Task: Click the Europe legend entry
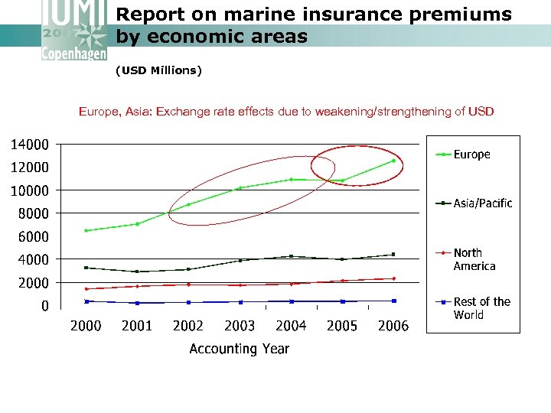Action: point(471,154)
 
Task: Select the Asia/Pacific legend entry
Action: point(482,203)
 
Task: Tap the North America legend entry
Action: point(474,259)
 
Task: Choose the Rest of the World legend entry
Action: point(481,308)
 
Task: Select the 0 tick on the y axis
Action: point(44,306)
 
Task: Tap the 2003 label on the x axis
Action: point(240,326)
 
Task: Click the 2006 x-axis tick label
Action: point(393,326)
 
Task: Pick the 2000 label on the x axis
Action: point(86,326)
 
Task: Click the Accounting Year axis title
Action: point(240,349)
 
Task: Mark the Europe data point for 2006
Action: point(393,161)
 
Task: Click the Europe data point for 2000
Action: point(86,230)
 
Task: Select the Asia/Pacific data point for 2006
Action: point(393,255)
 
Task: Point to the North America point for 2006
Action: point(393,278)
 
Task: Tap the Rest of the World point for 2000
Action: point(86,301)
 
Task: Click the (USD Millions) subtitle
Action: point(158,71)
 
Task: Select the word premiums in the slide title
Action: point(463,15)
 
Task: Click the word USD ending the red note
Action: point(481,112)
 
